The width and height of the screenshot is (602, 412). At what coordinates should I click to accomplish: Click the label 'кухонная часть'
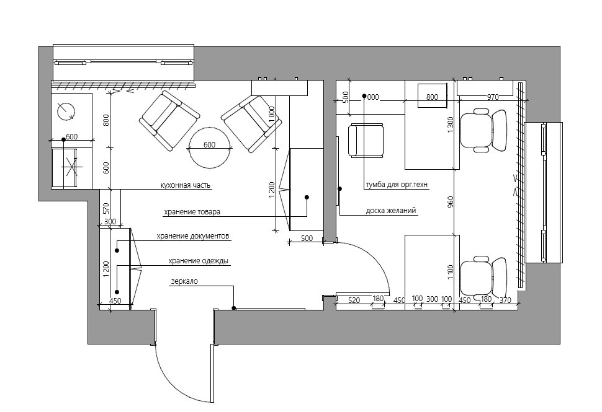[x=186, y=185]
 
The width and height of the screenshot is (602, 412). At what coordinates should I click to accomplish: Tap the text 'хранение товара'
[x=192, y=212]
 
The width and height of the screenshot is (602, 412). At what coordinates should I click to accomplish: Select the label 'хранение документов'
[x=193, y=236]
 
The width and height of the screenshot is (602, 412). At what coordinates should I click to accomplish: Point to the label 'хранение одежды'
[x=199, y=261]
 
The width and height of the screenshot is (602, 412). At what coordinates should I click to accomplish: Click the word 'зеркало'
[x=184, y=281]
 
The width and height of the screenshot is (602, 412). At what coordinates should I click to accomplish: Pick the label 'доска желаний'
[x=391, y=211]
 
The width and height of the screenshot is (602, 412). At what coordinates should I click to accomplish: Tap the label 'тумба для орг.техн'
[x=396, y=185]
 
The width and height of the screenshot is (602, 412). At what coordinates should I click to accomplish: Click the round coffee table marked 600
[x=210, y=147]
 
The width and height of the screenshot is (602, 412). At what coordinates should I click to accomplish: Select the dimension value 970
[x=493, y=97]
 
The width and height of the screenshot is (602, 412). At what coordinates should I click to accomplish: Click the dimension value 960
[x=451, y=203]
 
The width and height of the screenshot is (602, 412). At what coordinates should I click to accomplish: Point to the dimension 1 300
[x=451, y=125]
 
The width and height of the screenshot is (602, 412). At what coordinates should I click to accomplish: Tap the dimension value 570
[x=106, y=208]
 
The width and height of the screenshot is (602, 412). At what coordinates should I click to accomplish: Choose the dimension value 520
[x=354, y=300]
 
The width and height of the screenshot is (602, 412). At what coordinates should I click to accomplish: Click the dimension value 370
[x=505, y=300]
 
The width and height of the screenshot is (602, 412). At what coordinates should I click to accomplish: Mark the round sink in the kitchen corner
[x=66, y=112]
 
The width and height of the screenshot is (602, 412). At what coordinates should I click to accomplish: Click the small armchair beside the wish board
[x=366, y=141]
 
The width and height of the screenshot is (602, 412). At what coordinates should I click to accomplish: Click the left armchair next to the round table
[x=169, y=120]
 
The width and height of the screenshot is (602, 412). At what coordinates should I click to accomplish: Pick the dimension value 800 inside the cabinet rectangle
[x=433, y=97]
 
